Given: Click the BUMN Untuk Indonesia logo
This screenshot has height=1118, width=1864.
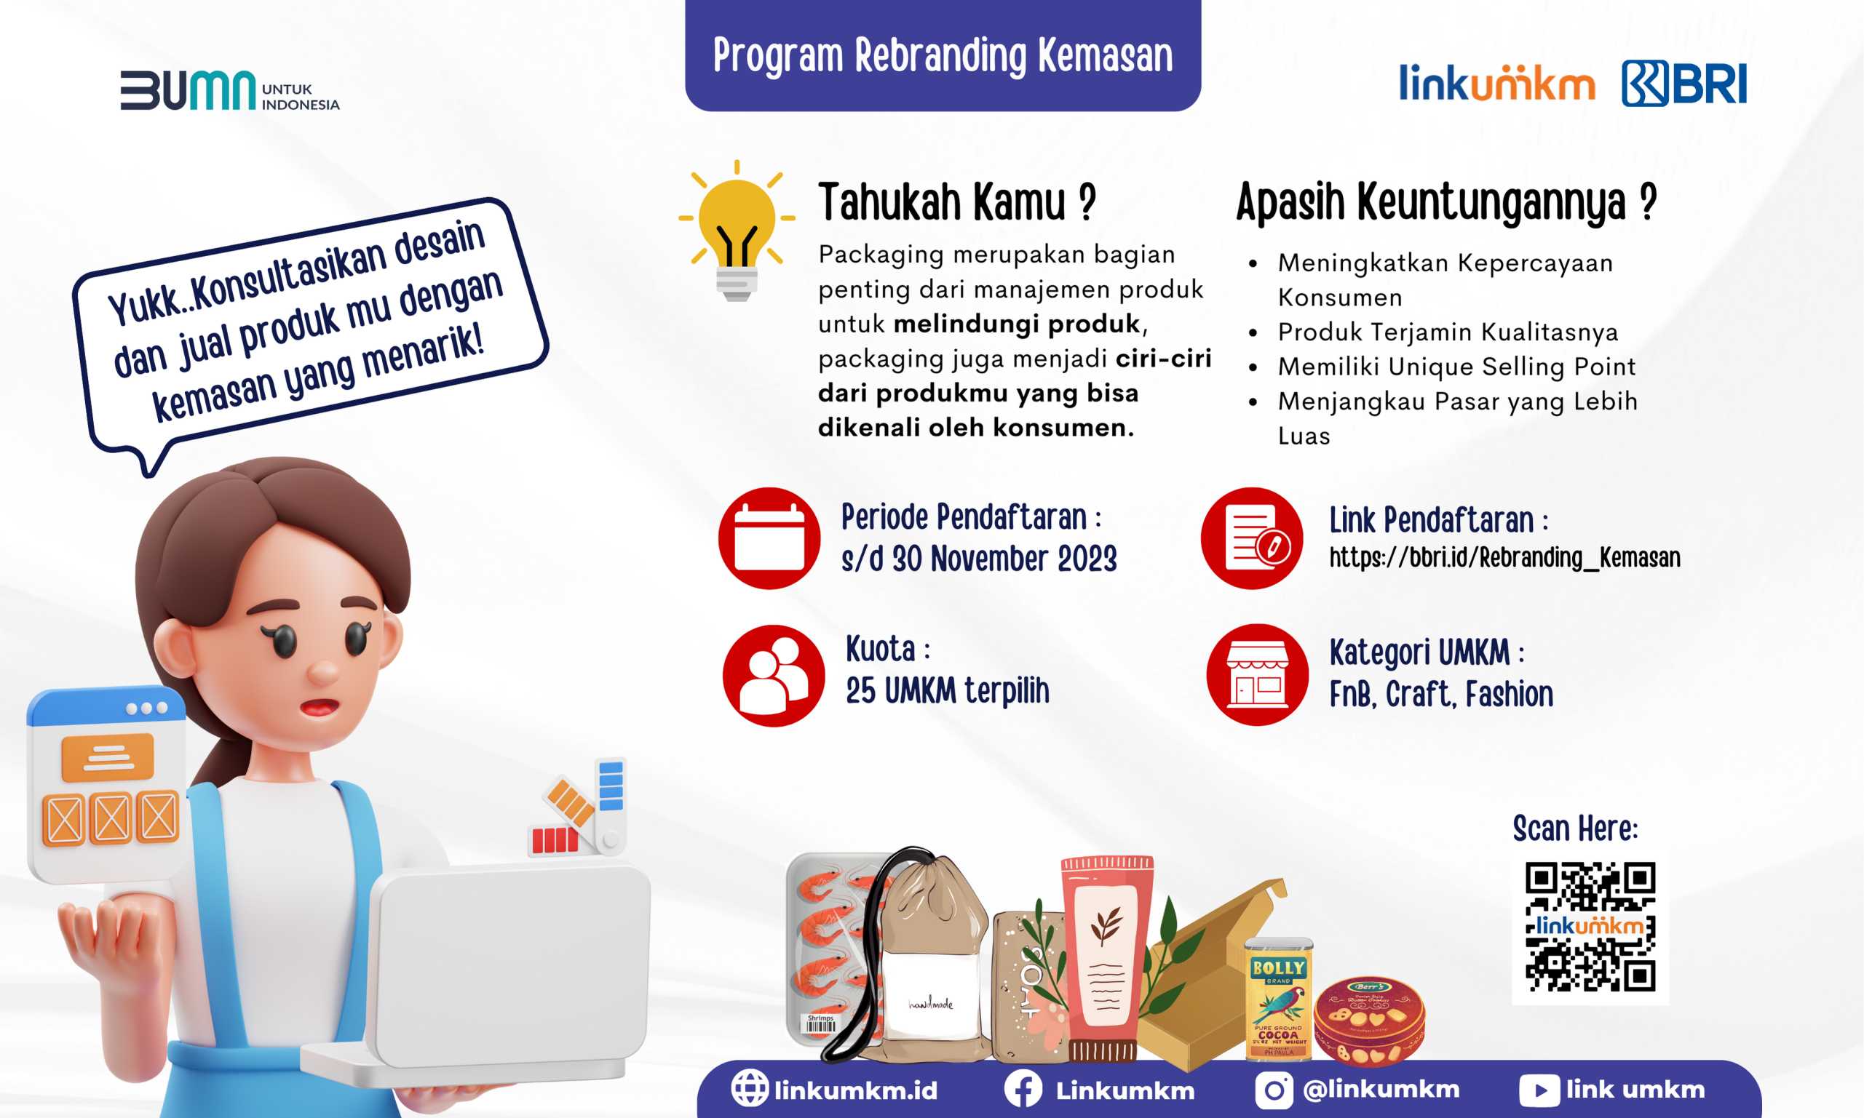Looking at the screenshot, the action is (x=230, y=90).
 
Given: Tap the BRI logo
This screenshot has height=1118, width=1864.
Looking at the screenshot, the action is (x=1683, y=83).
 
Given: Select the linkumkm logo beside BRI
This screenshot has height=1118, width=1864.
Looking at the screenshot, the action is (x=1497, y=83).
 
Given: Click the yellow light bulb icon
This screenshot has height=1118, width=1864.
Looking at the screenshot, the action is (x=737, y=231).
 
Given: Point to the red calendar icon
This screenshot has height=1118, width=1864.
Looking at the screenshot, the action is (x=769, y=538).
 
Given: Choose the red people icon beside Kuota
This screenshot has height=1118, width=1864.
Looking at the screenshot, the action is (x=774, y=676).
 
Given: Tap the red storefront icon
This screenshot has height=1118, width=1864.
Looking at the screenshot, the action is (x=1257, y=675).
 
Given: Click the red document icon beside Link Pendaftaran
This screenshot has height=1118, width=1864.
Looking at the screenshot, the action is (x=1252, y=538).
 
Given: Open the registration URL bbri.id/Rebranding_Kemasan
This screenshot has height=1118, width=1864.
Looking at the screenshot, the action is (x=1504, y=558).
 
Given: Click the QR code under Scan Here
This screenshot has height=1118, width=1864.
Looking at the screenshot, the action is (x=1590, y=927).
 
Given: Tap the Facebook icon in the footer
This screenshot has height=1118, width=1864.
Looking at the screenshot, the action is (x=1023, y=1090).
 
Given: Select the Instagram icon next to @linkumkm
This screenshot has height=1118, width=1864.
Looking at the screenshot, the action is (x=1274, y=1090).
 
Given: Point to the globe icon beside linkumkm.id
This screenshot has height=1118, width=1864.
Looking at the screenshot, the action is (x=750, y=1089).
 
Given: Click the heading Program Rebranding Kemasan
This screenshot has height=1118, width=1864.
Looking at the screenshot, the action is (x=943, y=55).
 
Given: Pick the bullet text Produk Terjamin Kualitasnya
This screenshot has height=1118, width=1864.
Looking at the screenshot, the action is (x=1448, y=332).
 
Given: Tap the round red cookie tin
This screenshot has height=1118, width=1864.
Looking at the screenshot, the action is (x=1370, y=1021).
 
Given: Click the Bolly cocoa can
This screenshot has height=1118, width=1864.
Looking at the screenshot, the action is (x=1279, y=998).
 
